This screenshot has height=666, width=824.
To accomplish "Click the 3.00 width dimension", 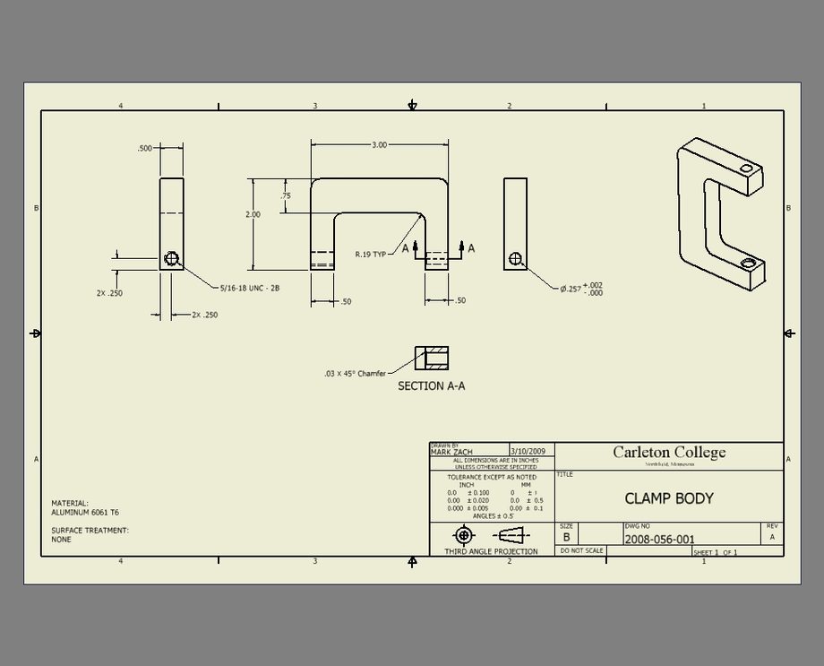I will pos(380,144).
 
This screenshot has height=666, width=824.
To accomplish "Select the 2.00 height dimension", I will pos(253,215).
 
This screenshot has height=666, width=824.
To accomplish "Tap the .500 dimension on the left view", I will pos(145,149).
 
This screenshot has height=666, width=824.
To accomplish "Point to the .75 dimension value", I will pos(286,196).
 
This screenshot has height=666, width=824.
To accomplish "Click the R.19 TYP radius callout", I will pos(370,255).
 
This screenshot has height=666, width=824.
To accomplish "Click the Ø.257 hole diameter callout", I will pos(581,289).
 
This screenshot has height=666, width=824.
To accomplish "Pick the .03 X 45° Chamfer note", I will pos(355,374).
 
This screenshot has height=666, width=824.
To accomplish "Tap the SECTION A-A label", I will pos(431,386).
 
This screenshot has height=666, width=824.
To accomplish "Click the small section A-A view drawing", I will pos(431,359).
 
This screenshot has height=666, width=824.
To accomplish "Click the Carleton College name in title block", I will pos(669,452).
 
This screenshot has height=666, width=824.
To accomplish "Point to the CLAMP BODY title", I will pos(668,498).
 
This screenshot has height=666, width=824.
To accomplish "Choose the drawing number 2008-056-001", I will pos(659,540).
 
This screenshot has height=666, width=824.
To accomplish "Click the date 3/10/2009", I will pos(527,452).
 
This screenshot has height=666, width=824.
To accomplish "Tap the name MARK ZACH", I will pos(451,453).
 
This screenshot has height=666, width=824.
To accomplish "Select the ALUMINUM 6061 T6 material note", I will pos(85,512).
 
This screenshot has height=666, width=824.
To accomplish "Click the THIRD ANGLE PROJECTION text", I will pos(491,551).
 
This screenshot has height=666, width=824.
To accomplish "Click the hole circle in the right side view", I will pos(515,259).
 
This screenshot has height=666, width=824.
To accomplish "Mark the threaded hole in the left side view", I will pos(172,259).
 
